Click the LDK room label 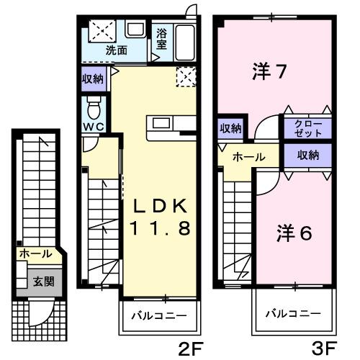159,207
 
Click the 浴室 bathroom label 162,40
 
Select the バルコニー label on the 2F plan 158,315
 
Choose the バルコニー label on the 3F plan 292,315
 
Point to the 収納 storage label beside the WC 93,78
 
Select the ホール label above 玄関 35,254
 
